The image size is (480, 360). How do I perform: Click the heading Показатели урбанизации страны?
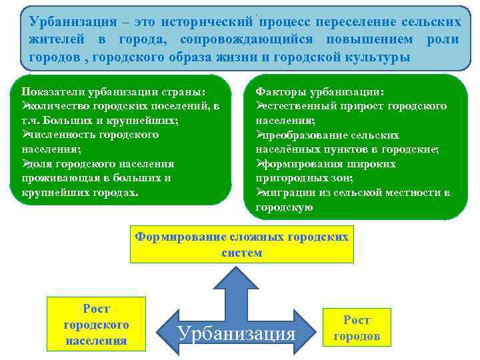pyautogui.click(x=114, y=91)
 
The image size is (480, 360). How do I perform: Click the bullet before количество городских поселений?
pyautogui.click(x=25, y=106)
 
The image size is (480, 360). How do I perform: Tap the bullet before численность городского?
pyautogui.click(x=25, y=135)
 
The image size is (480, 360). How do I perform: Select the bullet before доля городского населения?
pyautogui.click(x=25, y=163)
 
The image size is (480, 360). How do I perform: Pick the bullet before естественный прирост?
pyautogui.click(x=260, y=106)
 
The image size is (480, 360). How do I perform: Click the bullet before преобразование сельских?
pyautogui.click(x=260, y=135)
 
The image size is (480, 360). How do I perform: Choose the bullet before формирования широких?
pyautogui.click(x=260, y=163)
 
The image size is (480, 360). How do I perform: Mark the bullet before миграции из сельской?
pyautogui.click(x=260, y=193)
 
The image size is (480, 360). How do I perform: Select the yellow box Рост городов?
pyautogui.click(x=357, y=327)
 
